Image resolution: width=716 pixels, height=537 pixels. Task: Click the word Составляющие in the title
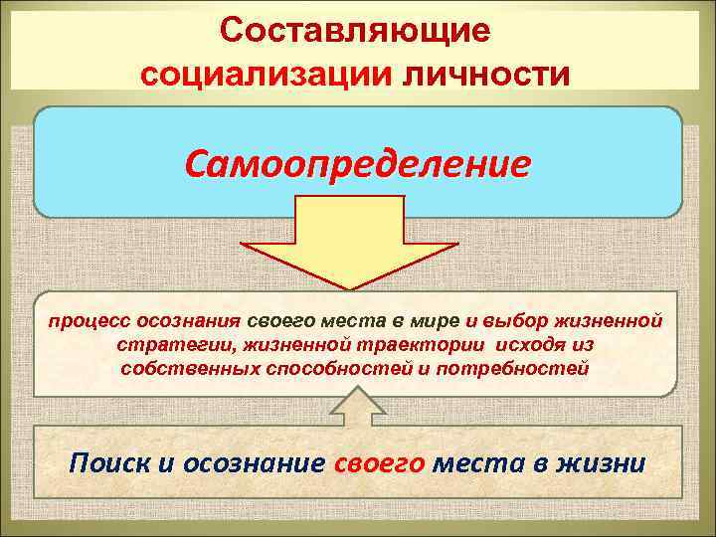click(356, 30)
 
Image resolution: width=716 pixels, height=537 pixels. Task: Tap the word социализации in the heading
click(268, 73)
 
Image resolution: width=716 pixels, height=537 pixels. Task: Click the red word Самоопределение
click(357, 162)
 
